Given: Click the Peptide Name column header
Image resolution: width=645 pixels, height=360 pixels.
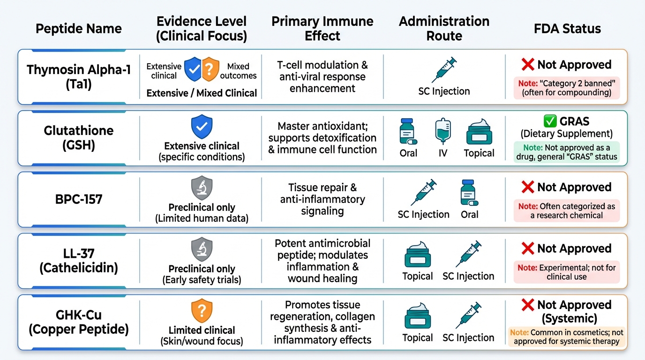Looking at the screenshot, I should (x=79, y=28).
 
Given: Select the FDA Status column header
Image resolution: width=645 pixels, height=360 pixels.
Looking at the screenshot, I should (x=567, y=28).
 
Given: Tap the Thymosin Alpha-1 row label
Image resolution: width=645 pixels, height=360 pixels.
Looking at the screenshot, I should (x=79, y=77).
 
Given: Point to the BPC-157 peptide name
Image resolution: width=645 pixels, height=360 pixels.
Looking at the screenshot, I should (x=79, y=200).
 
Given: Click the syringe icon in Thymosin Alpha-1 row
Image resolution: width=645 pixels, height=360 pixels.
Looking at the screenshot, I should (x=444, y=70).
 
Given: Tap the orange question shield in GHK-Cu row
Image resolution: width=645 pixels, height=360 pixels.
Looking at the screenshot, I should (x=202, y=311).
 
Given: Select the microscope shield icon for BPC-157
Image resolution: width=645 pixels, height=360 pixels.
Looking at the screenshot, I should (x=202, y=188).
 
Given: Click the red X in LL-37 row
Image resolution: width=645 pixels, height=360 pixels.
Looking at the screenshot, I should (x=528, y=248).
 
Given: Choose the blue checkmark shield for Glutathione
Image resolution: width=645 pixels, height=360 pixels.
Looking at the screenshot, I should (x=202, y=127).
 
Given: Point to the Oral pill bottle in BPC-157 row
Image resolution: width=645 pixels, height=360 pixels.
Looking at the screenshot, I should (x=469, y=193).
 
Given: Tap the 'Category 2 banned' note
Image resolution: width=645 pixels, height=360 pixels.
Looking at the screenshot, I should (x=567, y=88).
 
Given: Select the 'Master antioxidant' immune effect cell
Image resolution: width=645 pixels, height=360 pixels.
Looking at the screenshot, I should (x=322, y=138).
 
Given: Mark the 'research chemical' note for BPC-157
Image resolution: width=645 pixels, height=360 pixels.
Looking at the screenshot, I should (x=567, y=210).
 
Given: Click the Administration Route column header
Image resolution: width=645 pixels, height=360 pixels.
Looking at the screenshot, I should (x=444, y=28).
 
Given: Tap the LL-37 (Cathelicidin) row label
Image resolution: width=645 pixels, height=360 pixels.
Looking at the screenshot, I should (x=79, y=261).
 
